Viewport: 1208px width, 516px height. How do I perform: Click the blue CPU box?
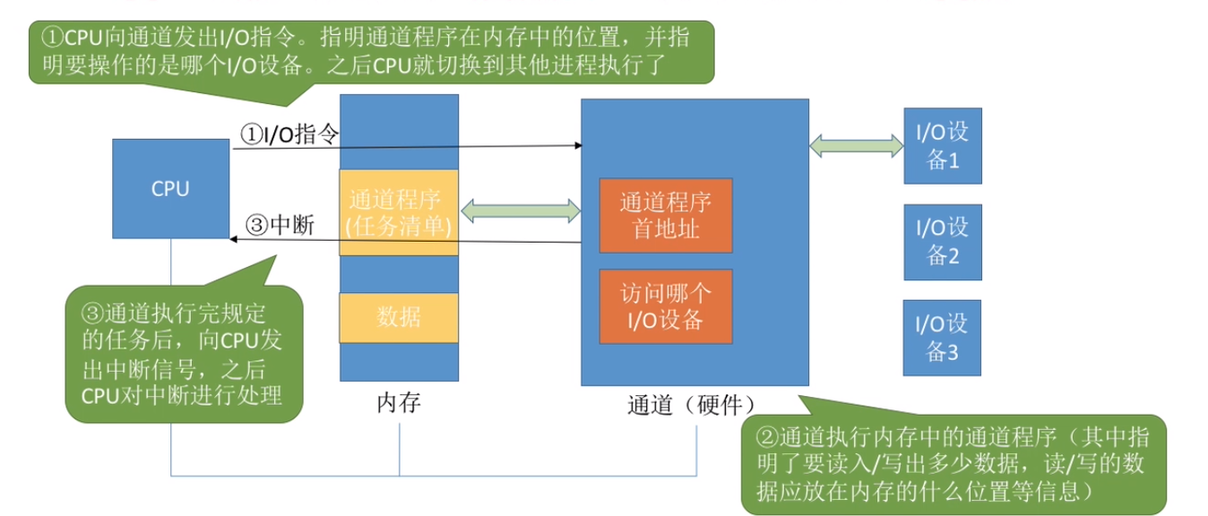(170, 188)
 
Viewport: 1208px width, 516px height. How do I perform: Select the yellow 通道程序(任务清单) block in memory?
(398, 212)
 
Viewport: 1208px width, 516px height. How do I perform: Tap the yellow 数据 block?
(398, 317)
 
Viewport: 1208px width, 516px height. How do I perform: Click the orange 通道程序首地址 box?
(666, 214)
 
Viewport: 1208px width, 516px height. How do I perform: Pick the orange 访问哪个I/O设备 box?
(666, 305)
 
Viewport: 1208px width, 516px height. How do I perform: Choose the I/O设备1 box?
(943, 145)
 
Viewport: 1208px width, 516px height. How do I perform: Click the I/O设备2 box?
(943, 242)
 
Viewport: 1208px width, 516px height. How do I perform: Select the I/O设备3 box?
(943, 338)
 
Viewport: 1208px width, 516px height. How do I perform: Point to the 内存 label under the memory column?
(398, 403)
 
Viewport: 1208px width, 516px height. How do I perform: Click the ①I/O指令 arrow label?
(289, 134)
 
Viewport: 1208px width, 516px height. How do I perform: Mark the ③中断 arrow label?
(279, 225)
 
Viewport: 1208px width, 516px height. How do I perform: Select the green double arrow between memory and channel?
(520, 211)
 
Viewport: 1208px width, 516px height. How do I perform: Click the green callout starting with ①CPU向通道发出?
(372, 52)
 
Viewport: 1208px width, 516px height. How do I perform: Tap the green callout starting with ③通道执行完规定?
(183, 353)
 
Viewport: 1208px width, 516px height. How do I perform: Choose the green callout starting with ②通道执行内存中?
(953, 463)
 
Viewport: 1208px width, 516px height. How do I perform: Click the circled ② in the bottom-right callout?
(767, 436)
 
